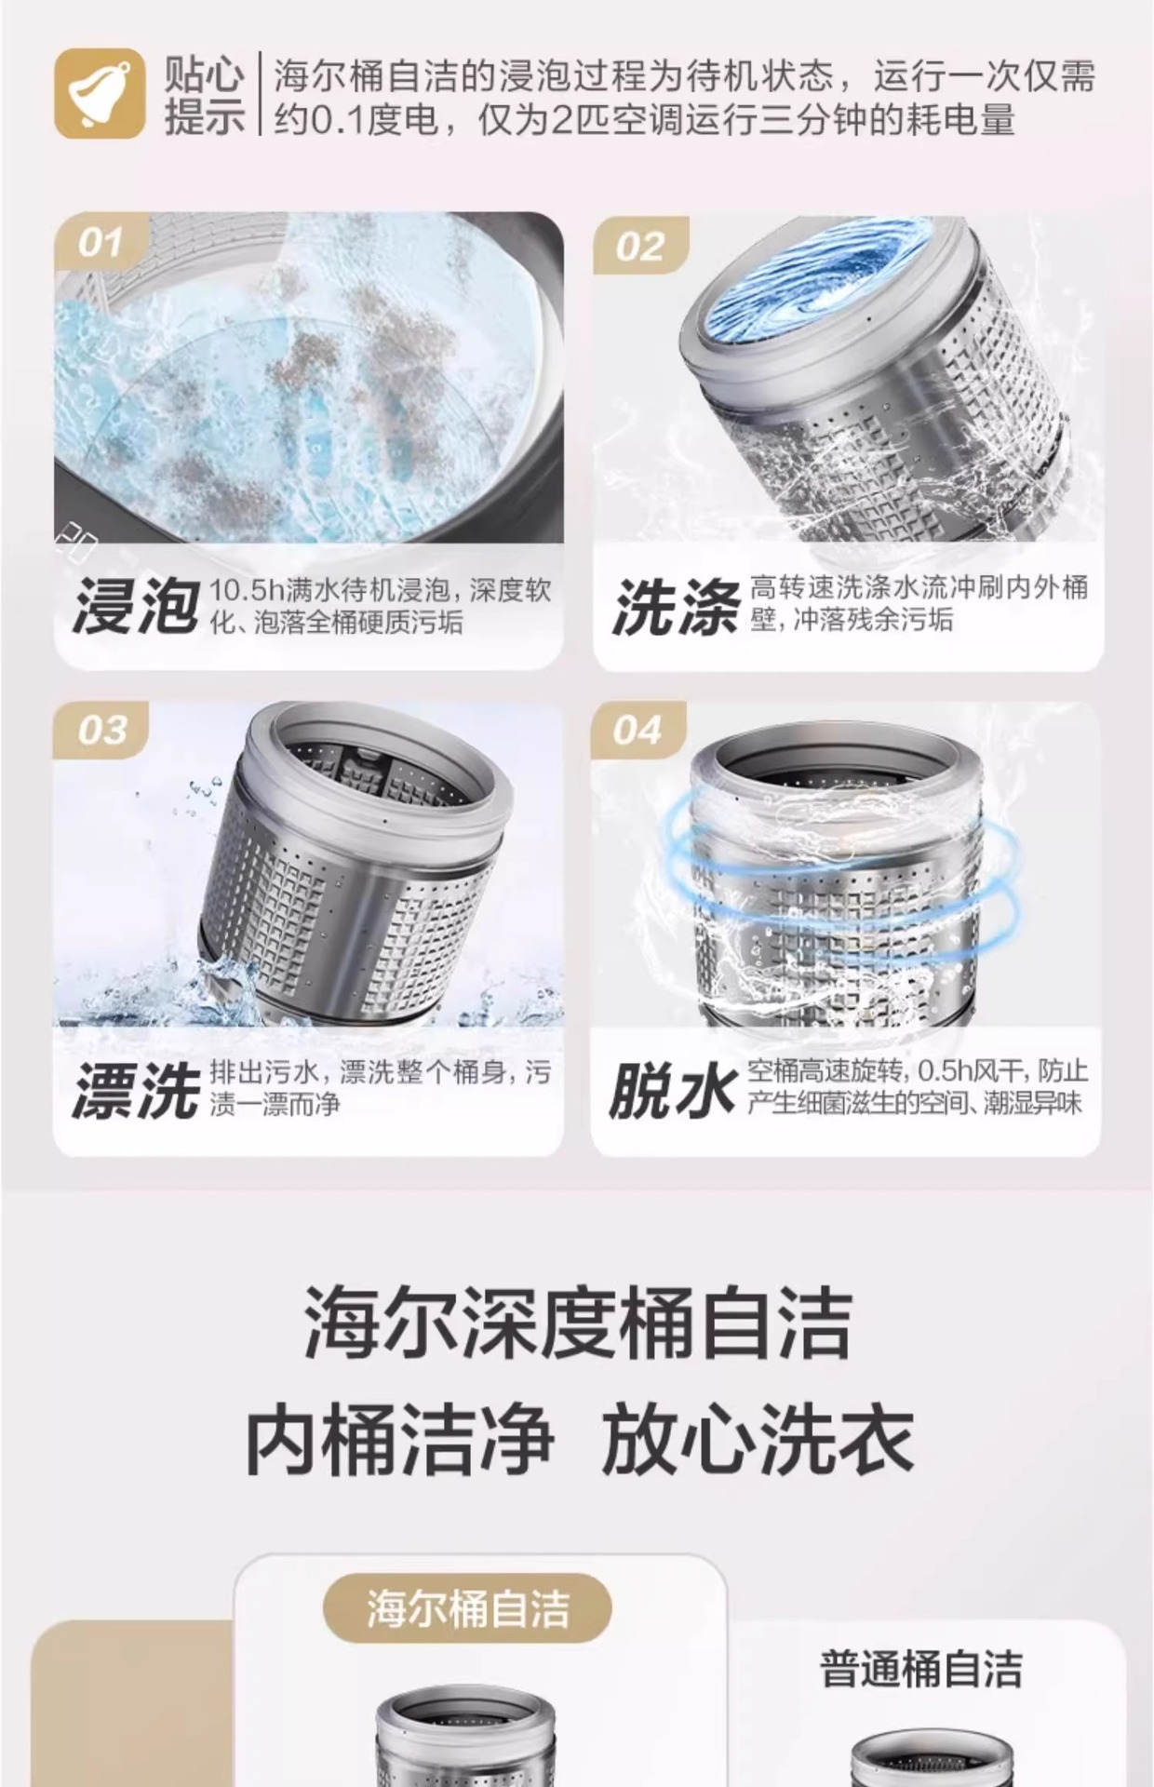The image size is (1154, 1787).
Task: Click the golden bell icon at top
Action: point(99,94)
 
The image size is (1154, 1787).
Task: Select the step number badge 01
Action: point(101,243)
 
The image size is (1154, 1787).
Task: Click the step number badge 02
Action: point(640,247)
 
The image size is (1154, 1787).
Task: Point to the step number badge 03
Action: point(101,731)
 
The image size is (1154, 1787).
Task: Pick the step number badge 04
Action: point(637,731)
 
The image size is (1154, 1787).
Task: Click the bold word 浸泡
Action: point(136,605)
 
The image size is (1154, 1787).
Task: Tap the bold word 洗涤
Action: point(676,605)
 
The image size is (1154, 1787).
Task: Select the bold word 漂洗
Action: point(136,1089)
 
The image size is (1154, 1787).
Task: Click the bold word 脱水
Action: point(672,1089)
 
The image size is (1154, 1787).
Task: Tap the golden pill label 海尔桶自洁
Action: point(467,1608)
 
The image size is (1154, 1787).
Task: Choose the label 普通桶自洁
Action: point(920,1669)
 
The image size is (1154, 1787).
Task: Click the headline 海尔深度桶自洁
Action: point(577,1323)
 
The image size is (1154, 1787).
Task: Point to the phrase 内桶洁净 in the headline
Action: point(399,1441)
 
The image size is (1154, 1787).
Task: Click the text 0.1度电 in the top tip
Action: point(372,120)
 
